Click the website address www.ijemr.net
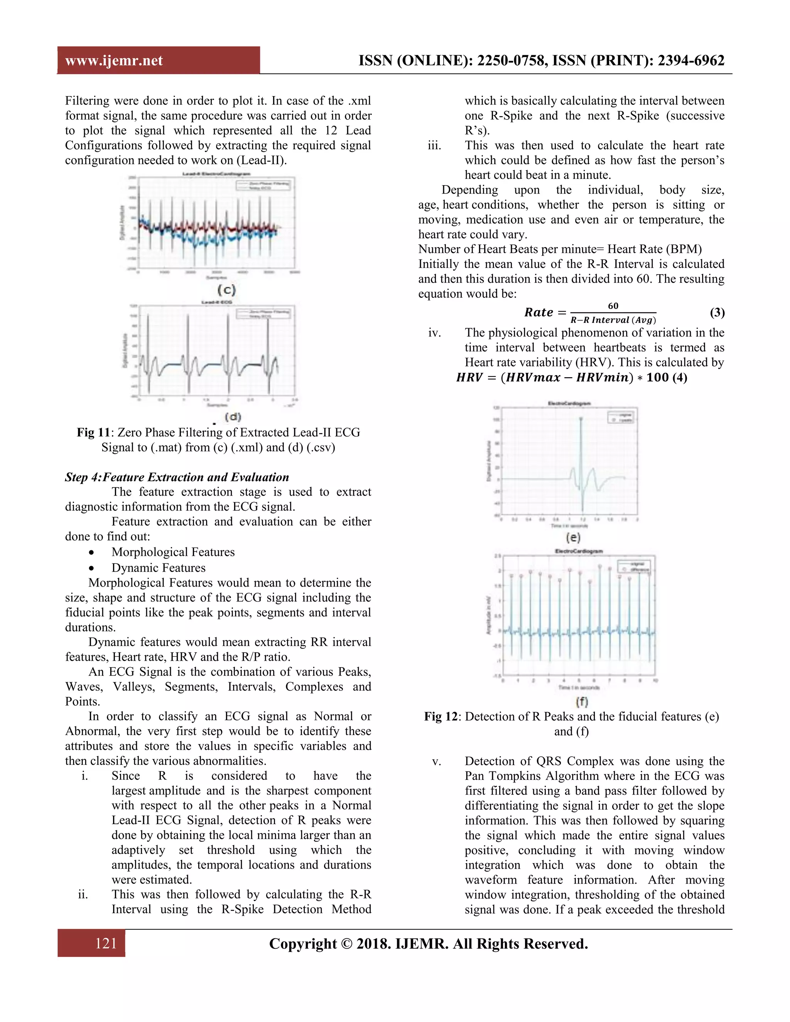(x=114, y=61)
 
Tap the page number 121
(x=106, y=943)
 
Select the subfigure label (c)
(x=226, y=290)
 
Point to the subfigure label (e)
(x=573, y=537)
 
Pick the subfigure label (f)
(x=581, y=702)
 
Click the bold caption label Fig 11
(x=93, y=432)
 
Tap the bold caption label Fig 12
(x=441, y=717)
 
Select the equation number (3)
(x=717, y=313)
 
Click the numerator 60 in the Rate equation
(x=613, y=306)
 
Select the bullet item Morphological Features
(x=173, y=552)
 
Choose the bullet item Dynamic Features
(x=158, y=568)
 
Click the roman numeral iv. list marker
(x=434, y=333)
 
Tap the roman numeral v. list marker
(x=436, y=761)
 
